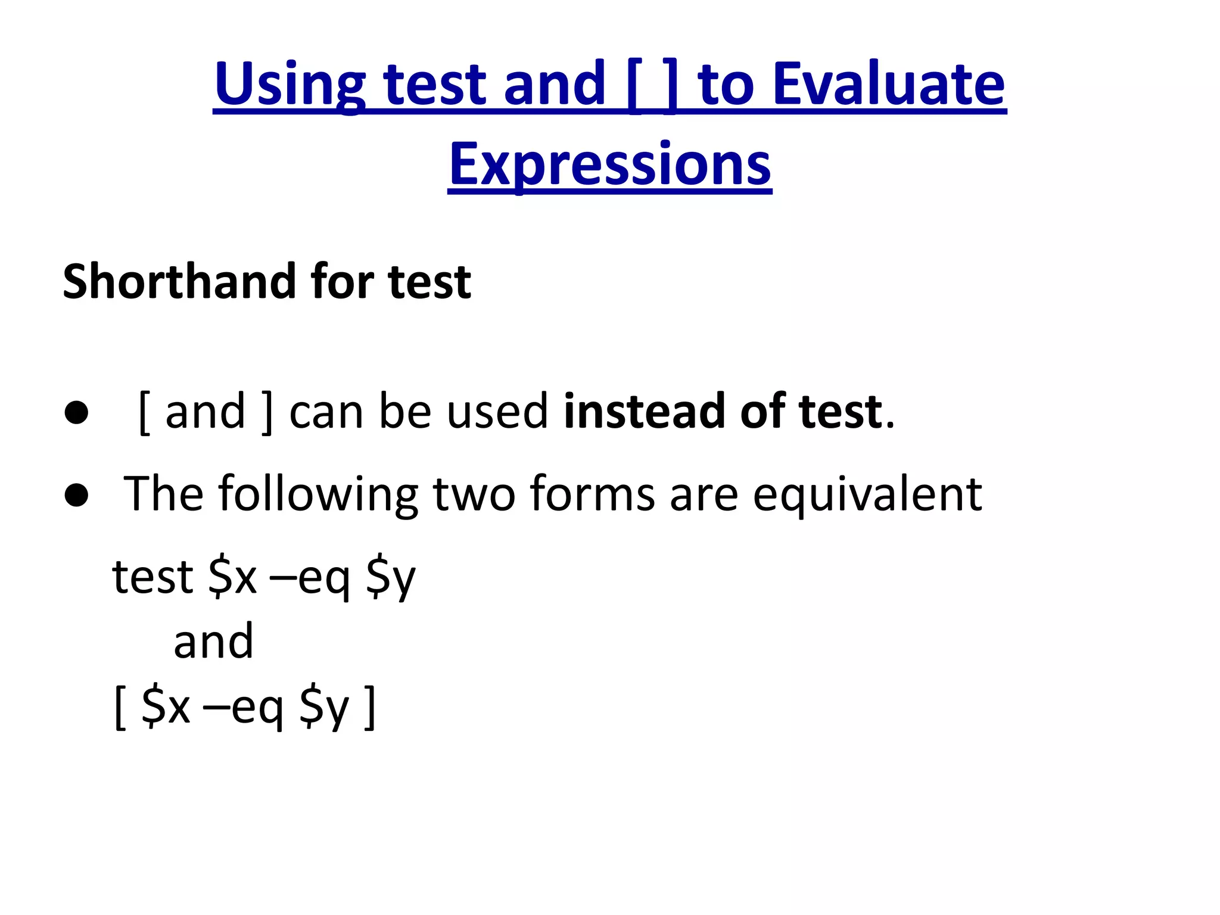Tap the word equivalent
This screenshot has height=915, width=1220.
[867, 494]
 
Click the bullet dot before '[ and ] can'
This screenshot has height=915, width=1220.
[77, 413]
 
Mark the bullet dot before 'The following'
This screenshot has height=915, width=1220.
[77, 494]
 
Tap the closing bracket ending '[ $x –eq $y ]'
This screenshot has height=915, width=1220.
[371, 708]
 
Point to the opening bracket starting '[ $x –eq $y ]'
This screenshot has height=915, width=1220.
[120, 708]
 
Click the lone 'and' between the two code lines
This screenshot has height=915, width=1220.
[213, 642]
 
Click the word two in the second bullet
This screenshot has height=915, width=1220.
[474, 494]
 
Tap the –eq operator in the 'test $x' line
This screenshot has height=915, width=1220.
[310, 578]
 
